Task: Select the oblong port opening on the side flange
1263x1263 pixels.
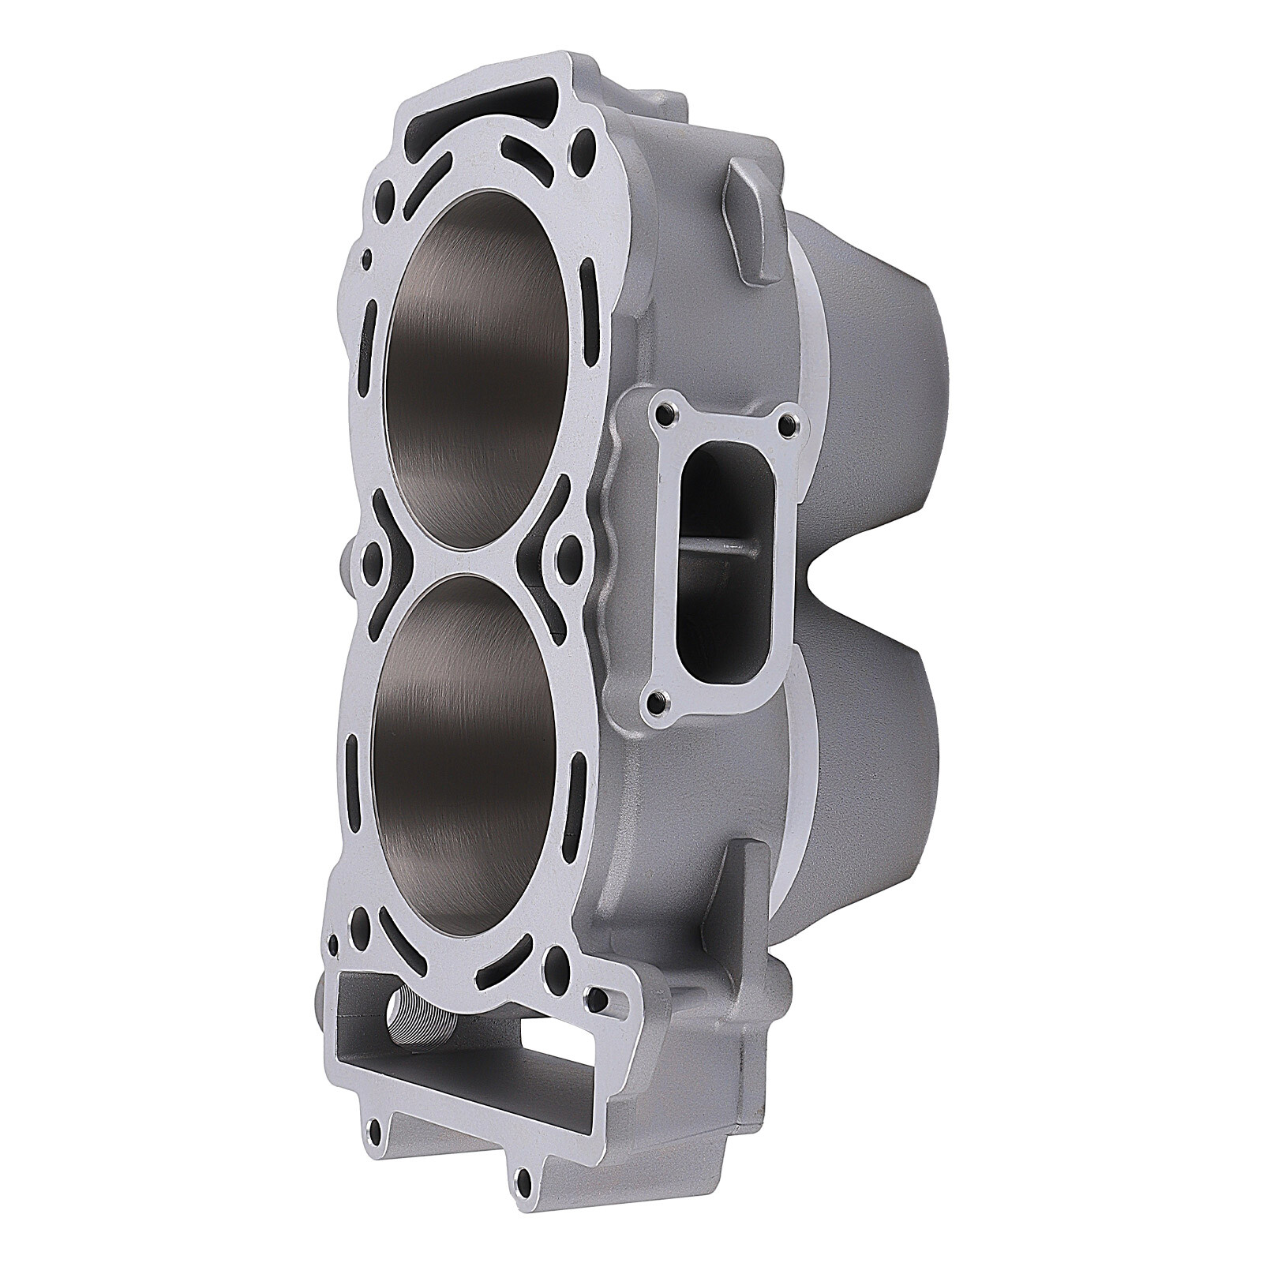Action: [722, 553]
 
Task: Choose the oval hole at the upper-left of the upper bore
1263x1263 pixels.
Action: [386, 194]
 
